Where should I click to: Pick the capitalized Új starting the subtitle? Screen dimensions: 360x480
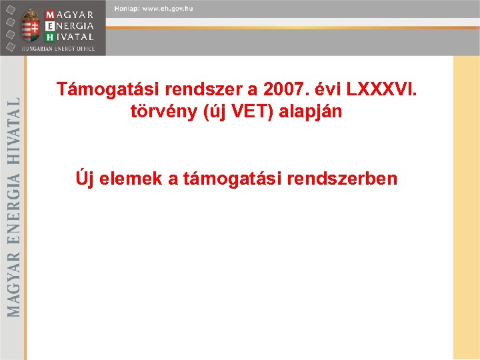coord(84,178)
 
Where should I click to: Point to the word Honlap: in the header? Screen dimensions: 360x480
coord(127,8)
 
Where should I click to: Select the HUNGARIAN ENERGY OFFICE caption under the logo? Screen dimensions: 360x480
coord(58,49)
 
